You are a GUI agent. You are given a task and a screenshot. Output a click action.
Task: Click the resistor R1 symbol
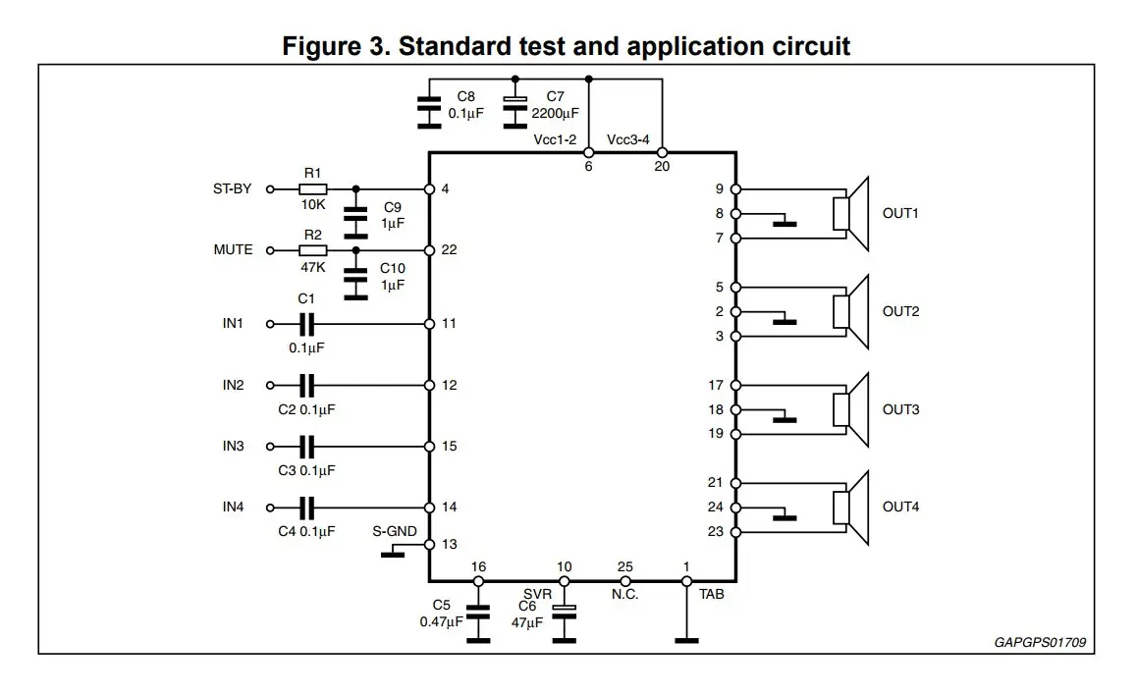tap(312, 189)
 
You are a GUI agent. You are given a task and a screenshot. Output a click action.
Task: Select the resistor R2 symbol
tap(312, 250)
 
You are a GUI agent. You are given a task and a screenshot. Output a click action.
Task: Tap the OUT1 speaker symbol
tap(850, 214)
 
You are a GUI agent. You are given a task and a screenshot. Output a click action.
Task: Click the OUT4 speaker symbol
tap(850, 508)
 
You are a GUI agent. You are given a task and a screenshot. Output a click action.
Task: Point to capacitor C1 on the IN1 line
tap(306, 324)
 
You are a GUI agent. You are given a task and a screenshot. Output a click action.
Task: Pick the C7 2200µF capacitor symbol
tap(514, 112)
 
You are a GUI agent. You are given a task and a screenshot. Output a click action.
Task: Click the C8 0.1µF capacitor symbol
tap(428, 112)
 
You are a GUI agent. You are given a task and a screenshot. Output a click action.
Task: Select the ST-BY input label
tap(232, 188)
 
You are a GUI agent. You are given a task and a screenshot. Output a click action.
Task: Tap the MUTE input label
tap(233, 249)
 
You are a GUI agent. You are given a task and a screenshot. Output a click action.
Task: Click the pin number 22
tap(449, 249)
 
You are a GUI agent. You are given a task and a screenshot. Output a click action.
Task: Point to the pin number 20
tap(662, 166)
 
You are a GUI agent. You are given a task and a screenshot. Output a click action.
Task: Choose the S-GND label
tap(395, 531)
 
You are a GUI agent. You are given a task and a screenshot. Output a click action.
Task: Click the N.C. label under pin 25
tap(624, 594)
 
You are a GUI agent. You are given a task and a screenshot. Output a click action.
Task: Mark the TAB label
tap(711, 594)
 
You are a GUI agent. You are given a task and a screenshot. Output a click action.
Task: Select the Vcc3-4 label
tap(628, 139)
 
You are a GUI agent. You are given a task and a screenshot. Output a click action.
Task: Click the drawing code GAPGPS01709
tap(1040, 642)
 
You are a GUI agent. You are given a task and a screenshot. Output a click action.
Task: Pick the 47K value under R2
tap(312, 267)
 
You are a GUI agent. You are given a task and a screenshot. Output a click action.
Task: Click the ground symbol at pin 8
tap(784, 220)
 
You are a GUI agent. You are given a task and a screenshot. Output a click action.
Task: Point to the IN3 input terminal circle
tap(270, 447)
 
